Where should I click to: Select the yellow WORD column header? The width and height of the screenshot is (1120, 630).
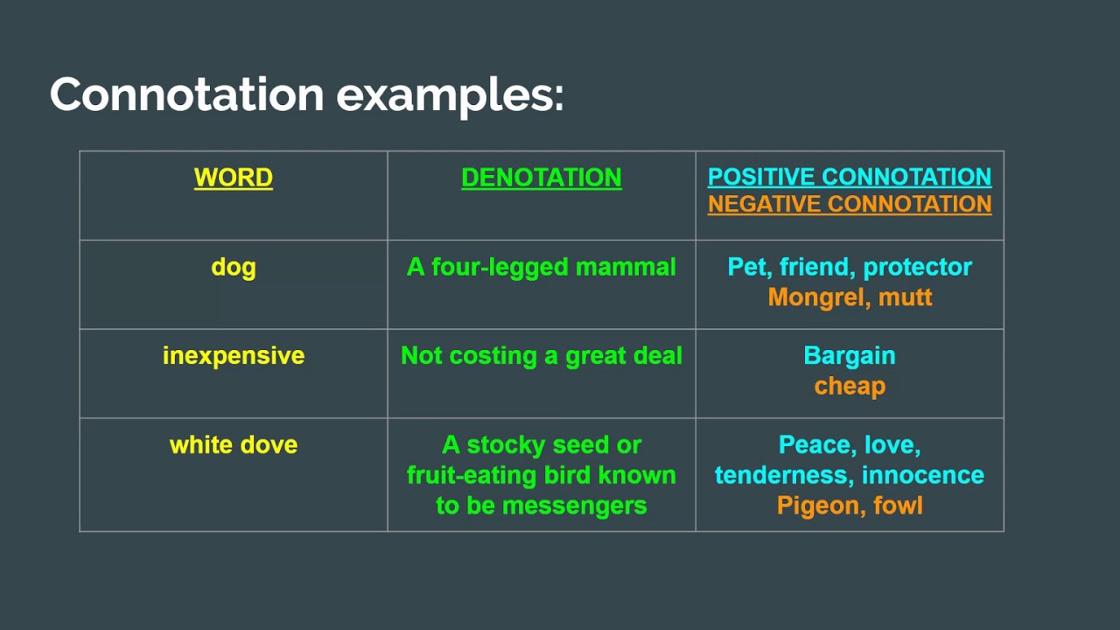[234, 178]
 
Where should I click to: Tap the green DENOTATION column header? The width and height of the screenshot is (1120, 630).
[542, 178]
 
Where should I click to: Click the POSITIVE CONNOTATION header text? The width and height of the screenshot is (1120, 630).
[850, 177]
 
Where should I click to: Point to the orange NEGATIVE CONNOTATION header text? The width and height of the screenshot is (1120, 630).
[850, 204]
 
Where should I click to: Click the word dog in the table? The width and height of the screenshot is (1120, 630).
[234, 268]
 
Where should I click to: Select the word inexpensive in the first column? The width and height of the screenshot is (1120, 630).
[234, 357]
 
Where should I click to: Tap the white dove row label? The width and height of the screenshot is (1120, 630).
[234, 444]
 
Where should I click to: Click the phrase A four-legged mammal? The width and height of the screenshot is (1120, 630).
[542, 268]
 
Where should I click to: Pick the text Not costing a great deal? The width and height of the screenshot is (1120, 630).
[542, 357]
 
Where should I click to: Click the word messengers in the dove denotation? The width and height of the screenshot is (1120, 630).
[575, 506]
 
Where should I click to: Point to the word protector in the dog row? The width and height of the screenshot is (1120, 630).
[918, 268]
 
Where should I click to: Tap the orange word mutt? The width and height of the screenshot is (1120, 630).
[906, 297]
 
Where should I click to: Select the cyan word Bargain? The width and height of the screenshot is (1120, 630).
[850, 357]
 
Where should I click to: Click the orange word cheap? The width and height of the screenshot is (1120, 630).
[850, 387]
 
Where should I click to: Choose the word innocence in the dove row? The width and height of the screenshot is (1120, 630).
[923, 475]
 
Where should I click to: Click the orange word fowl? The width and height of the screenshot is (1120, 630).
[898, 505]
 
